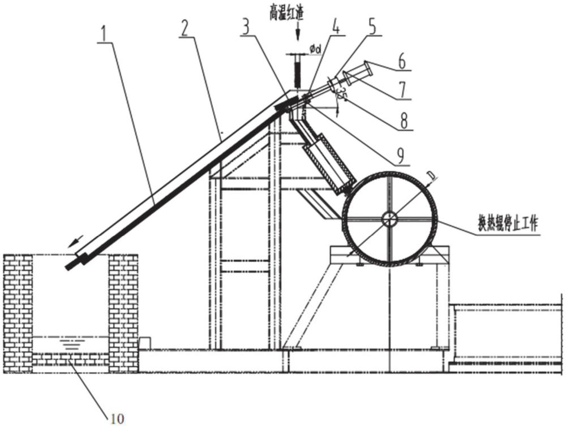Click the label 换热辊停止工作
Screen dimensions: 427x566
click(x=507, y=225)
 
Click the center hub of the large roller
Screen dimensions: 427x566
click(x=389, y=218)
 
